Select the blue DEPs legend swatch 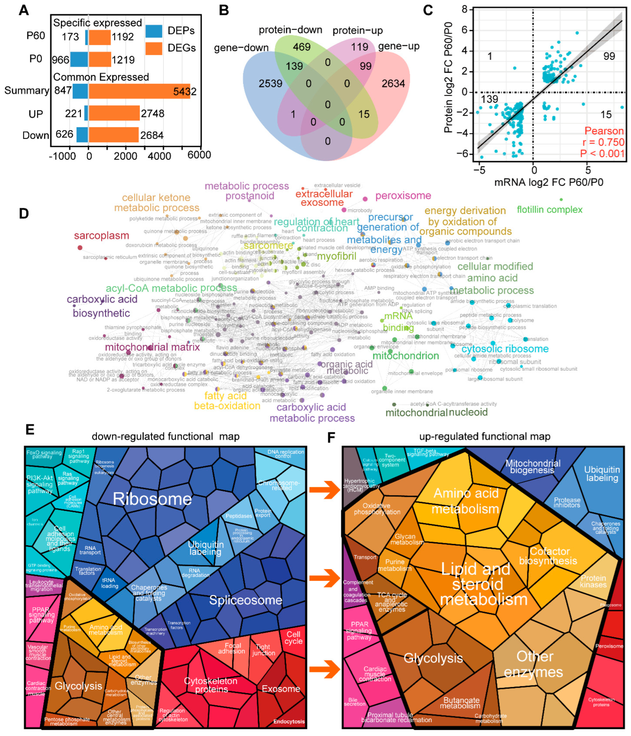click(x=154, y=31)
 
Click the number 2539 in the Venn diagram click(x=270, y=83)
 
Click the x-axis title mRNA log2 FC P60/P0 click(x=549, y=182)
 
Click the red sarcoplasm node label click(x=101, y=236)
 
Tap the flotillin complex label click(x=549, y=210)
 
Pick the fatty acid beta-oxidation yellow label click(x=227, y=401)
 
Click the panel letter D click(x=24, y=214)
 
